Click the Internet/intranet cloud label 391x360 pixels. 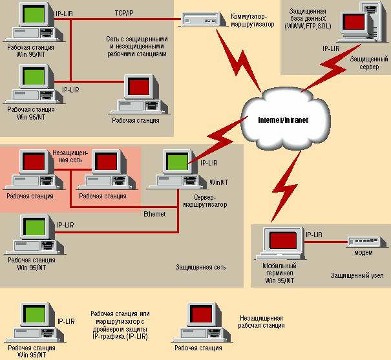[x=283, y=120]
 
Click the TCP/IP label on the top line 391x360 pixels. [x=124, y=13]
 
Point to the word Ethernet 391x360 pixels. [x=154, y=214]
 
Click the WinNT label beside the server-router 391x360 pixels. [x=218, y=182]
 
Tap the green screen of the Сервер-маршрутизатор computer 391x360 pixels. [x=177, y=162]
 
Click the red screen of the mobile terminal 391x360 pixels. [x=283, y=240]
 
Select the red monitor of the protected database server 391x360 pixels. [x=354, y=22]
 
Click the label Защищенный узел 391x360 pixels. [x=357, y=275]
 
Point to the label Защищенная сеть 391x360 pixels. [x=201, y=268]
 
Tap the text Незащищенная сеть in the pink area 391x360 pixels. [x=70, y=156]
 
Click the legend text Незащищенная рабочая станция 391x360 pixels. [x=261, y=322]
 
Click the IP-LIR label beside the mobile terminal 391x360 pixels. [x=314, y=235]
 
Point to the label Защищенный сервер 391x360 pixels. [x=369, y=63]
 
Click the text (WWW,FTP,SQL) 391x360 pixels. [x=308, y=26]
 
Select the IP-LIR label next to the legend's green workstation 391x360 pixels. [x=66, y=321]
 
